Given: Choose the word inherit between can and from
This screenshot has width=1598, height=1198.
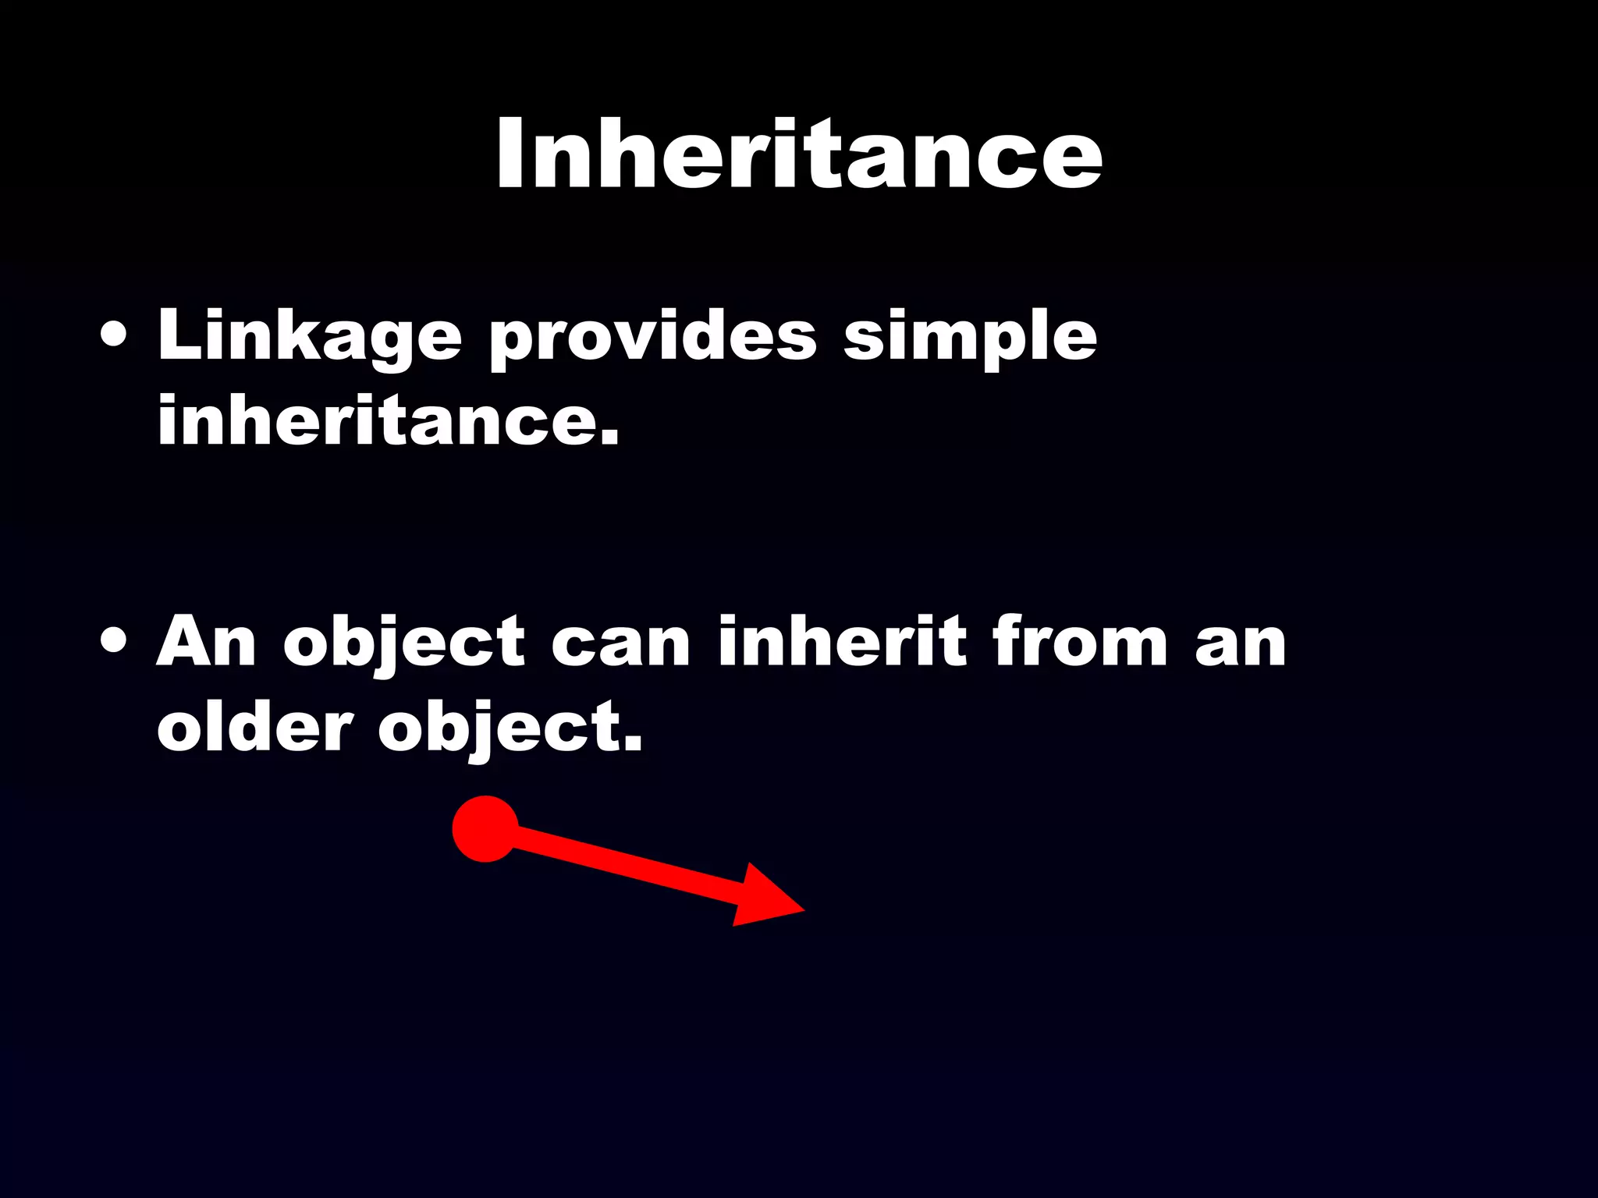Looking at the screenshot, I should point(842,641).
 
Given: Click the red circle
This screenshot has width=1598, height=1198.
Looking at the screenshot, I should point(485,828).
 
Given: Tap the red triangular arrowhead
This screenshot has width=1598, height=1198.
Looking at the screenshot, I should point(761,898).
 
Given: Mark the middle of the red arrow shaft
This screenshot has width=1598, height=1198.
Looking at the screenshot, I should point(624,866).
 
